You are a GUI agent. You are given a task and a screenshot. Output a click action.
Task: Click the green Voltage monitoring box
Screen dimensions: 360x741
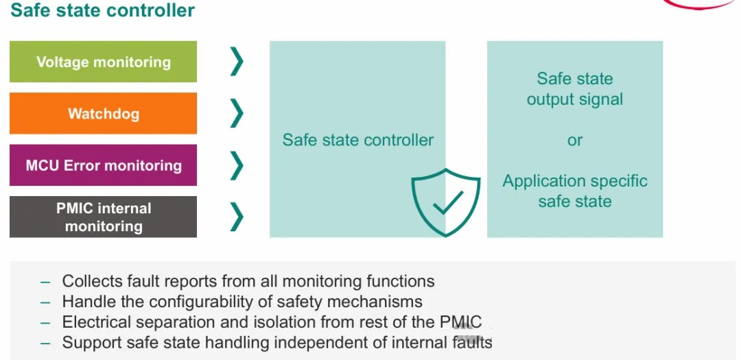coord(103,62)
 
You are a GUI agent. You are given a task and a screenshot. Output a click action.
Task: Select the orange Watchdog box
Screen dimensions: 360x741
coord(103,113)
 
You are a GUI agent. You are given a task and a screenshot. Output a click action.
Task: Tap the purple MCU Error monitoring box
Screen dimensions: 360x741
coord(103,165)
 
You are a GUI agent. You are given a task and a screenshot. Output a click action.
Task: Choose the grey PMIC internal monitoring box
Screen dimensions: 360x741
coord(103,217)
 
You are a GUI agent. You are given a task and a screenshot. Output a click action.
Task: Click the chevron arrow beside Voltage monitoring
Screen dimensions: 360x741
coord(237,62)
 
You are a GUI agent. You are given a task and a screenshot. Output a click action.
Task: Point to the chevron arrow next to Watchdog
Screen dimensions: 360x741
coord(237,113)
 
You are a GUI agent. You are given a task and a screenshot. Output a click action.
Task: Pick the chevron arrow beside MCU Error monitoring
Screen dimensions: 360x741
coord(237,165)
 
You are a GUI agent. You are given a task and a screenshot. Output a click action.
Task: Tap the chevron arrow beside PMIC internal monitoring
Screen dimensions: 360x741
coord(237,217)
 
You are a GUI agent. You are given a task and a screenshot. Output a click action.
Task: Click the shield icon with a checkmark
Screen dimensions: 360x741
coord(445,202)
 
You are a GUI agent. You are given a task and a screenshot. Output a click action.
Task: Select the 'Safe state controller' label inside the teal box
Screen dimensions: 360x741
coord(357,140)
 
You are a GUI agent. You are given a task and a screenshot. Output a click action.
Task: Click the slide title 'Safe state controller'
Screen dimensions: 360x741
coord(103,10)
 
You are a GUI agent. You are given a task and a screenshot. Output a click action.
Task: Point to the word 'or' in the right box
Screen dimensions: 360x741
coord(575,140)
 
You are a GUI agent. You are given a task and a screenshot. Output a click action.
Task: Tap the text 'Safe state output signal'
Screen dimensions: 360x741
coord(575,89)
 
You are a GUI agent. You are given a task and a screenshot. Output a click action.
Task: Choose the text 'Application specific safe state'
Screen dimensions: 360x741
coord(575,191)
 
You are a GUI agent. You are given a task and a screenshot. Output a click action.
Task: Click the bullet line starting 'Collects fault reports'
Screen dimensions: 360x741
coord(248,281)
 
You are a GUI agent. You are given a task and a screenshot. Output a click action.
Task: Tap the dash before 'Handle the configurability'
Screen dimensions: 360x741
coord(46,302)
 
